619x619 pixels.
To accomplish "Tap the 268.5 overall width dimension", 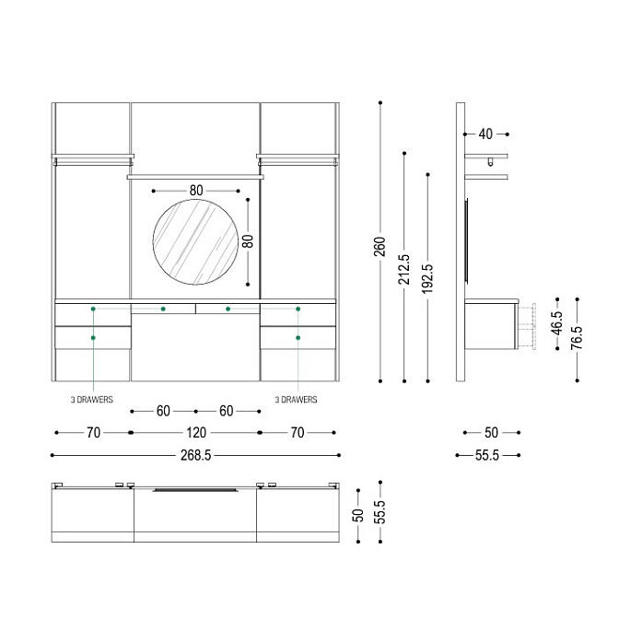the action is tap(196, 455).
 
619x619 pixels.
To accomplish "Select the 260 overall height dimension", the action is tap(380, 246).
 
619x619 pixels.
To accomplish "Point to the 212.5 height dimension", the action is tap(403, 270).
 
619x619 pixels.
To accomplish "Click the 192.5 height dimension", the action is tap(427, 279).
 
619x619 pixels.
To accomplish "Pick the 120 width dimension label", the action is tap(196, 433).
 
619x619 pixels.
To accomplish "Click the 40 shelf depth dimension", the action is tap(485, 134).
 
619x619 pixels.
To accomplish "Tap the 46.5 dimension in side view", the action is tap(556, 323).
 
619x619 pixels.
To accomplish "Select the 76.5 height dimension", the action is tap(577, 337).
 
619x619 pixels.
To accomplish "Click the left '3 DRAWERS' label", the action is tap(92, 400).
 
